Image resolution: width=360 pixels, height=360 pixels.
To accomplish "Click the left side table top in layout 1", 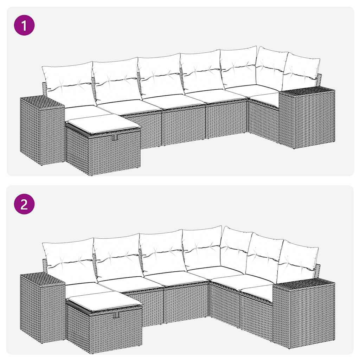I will point(41,102).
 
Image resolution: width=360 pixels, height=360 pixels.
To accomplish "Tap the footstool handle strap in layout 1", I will point(115,138).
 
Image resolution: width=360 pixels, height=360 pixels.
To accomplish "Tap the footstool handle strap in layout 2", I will point(116,314).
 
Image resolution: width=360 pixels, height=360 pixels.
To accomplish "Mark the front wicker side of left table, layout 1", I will point(30,132).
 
